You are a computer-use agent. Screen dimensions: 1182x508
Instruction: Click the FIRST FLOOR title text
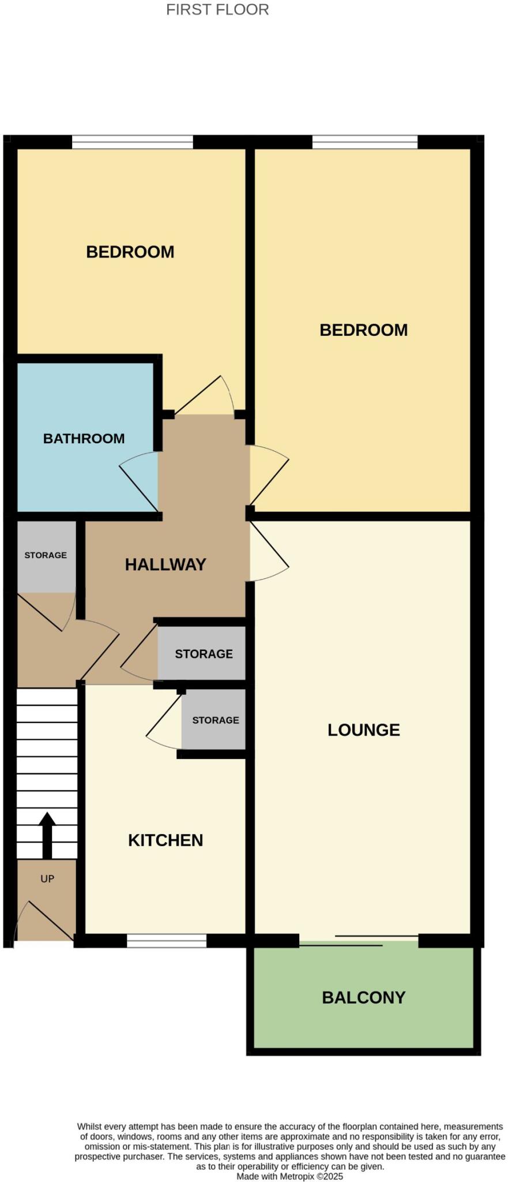217,10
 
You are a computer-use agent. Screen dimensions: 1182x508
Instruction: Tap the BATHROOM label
84,439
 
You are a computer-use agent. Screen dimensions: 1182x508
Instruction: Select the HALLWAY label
165,564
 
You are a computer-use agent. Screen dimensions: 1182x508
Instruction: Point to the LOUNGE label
363,730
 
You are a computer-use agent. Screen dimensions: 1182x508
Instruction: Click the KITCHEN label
165,840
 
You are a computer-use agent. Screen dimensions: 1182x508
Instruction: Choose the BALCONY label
363,998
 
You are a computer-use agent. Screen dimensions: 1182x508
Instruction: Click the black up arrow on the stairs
47,835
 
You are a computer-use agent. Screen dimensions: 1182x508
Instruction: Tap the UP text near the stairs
47,879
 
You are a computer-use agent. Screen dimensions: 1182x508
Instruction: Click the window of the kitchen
166,941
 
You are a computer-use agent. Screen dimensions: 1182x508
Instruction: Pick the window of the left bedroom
132,142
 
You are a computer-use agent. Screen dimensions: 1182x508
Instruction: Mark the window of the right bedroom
364,142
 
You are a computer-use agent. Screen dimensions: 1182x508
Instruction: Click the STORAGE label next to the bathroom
46,555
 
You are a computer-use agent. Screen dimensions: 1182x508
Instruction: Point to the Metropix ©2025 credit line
289,1176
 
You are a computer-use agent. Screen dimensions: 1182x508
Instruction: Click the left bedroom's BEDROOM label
130,252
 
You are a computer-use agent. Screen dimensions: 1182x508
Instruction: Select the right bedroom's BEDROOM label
363,330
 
